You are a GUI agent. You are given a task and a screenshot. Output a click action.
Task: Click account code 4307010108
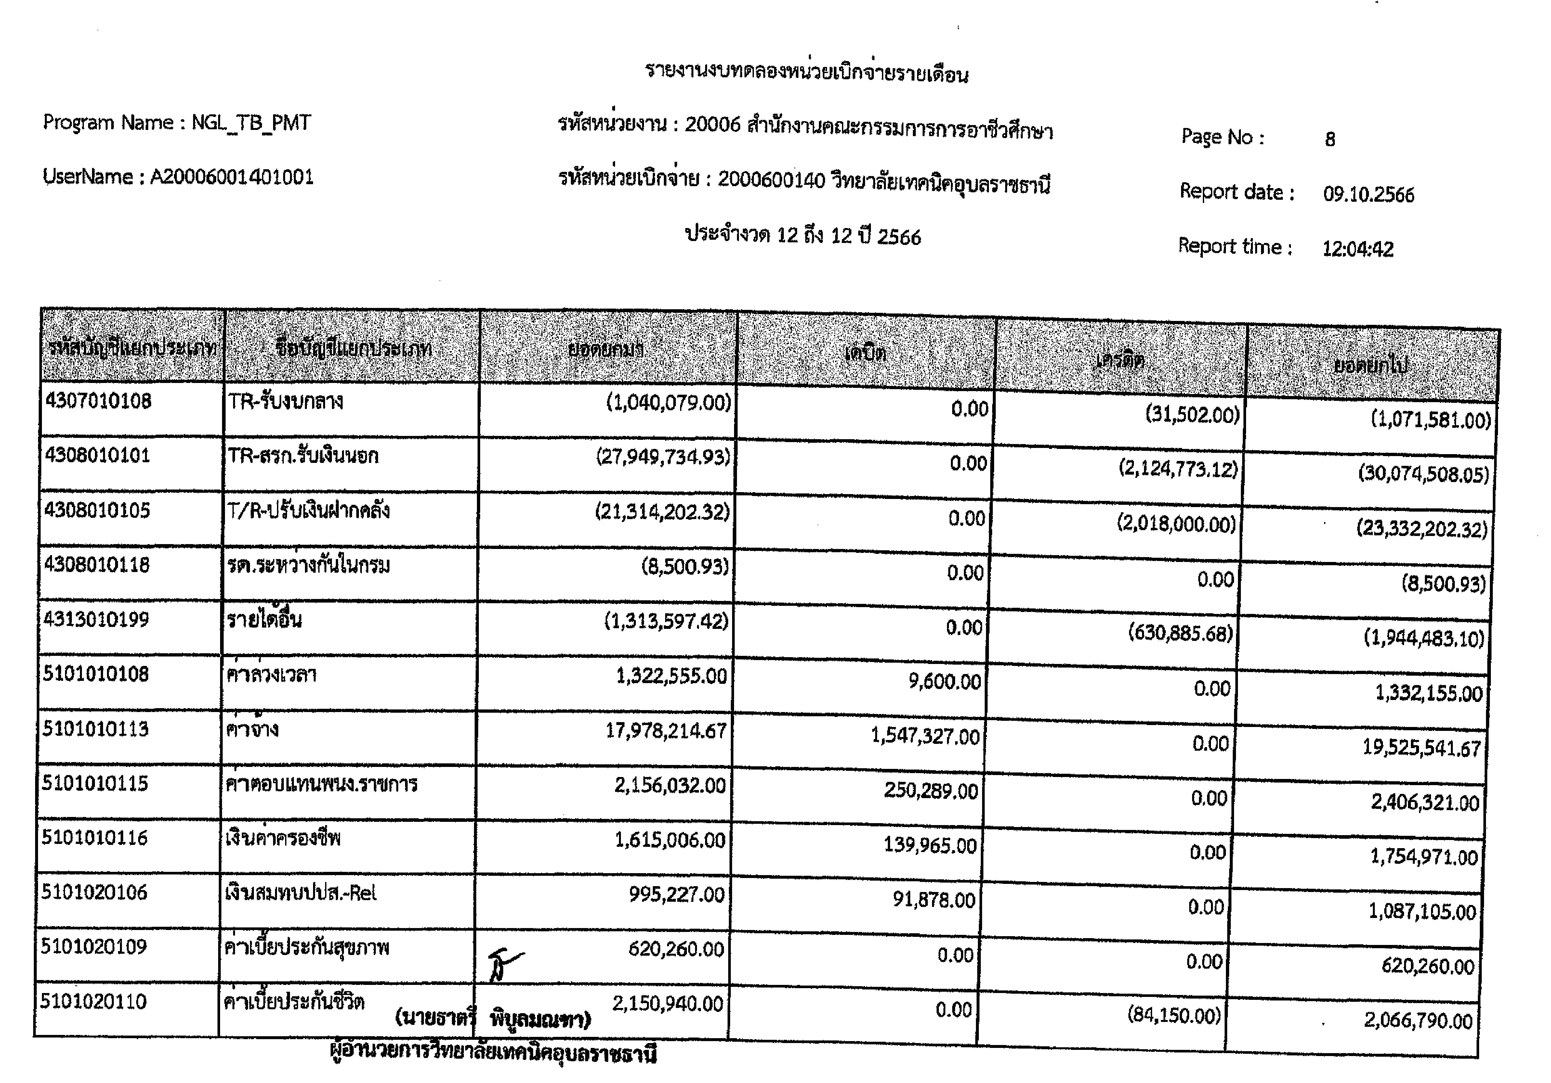tap(99, 401)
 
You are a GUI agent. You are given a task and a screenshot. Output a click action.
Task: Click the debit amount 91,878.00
tap(934, 900)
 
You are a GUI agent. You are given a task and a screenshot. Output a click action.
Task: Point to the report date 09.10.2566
tap(1368, 195)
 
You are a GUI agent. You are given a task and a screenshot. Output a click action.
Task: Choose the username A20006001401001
tap(232, 177)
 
